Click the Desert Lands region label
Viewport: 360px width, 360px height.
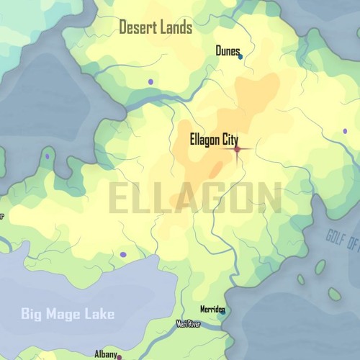pos(156,28)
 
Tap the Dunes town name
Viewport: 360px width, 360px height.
pos(227,50)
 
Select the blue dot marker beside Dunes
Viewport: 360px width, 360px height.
pos(240,56)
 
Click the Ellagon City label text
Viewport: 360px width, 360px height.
pos(214,140)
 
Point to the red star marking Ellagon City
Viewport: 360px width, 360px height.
pos(237,149)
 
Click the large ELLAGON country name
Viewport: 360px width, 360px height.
pos(195,198)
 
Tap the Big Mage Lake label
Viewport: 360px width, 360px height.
pos(68,314)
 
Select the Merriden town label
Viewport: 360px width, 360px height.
pos(212,307)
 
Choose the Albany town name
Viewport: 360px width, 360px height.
pos(105,354)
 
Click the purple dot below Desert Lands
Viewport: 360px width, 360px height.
pos(150,81)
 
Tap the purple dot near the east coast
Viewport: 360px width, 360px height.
pos(345,131)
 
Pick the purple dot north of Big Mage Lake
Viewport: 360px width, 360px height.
pos(123,254)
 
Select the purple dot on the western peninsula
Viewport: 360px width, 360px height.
pos(48,156)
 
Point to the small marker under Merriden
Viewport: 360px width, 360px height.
pos(222,312)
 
